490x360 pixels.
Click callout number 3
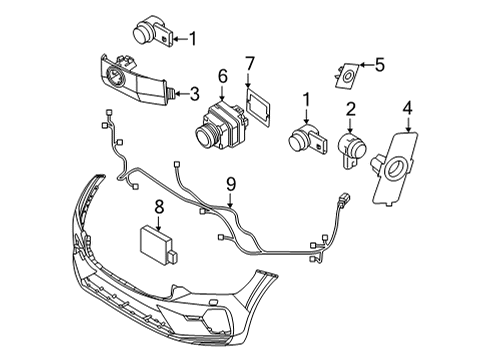click(194, 92)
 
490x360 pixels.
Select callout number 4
click(408, 107)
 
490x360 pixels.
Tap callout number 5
click(379, 66)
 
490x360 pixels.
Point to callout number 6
click(223, 74)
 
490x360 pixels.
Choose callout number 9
click(230, 183)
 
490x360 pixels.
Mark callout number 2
click(351, 108)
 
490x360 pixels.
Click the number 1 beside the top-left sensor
click(193, 39)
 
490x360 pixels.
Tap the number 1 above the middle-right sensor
click(305, 99)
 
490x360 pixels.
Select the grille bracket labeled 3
click(136, 82)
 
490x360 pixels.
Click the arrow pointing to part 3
click(181, 92)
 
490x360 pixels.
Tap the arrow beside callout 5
click(366, 67)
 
